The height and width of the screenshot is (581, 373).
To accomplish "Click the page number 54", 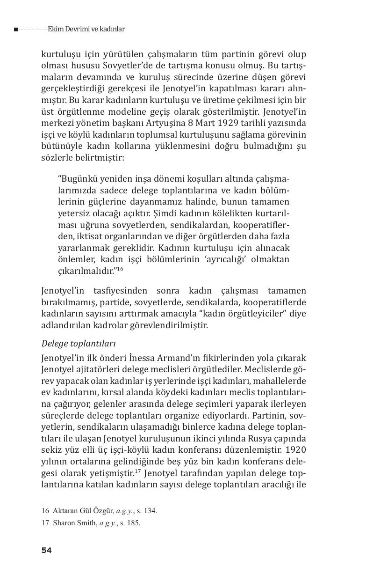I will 46,550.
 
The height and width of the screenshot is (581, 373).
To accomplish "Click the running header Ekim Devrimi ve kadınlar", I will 86,29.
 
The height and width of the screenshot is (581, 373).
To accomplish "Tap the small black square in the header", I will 16,29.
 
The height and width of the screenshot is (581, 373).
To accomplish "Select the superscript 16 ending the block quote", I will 120,269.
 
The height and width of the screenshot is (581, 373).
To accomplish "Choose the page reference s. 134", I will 146,511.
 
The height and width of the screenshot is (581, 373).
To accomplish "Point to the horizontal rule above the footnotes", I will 76,504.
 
